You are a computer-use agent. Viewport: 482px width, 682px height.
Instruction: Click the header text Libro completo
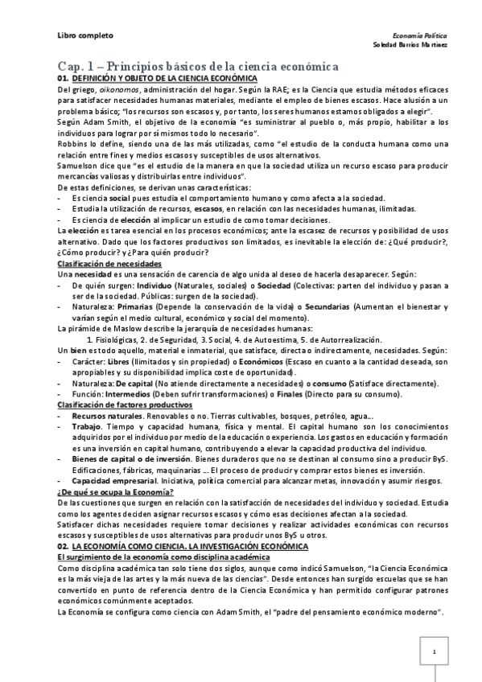85,35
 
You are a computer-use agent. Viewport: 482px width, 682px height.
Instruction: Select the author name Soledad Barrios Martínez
410,45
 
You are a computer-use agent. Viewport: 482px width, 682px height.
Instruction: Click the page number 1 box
434,652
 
